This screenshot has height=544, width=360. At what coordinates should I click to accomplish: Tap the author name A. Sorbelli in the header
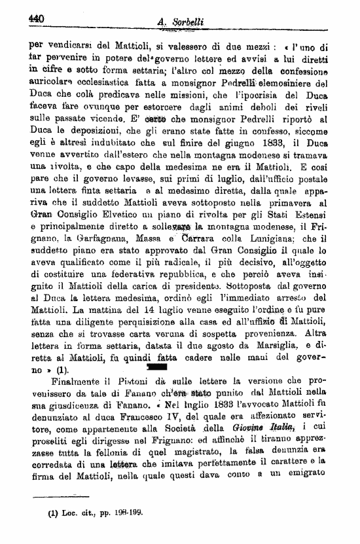(x=181, y=22)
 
